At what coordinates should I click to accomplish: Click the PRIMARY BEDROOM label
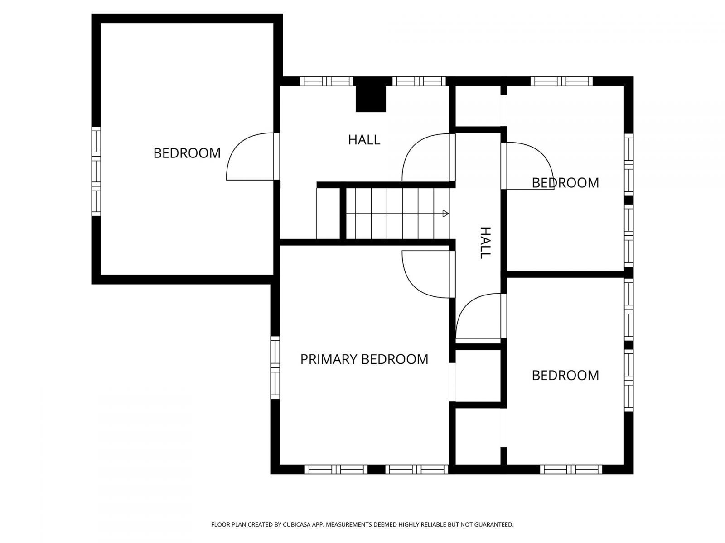coord(364,359)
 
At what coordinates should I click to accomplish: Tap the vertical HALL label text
coord(485,243)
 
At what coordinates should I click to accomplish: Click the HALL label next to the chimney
coord(364,140)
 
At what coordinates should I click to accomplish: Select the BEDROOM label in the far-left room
coord(187,153)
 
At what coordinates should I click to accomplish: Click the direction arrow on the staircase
coord(445,214)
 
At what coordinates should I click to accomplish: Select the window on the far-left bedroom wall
coord(96,171)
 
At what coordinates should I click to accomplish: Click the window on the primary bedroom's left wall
coord(275,367)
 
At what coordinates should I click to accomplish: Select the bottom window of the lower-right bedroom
coord(571,469)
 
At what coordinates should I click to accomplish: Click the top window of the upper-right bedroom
coord(561,81)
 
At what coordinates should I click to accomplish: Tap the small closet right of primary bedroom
coord(478,376)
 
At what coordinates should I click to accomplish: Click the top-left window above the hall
coord(326,81)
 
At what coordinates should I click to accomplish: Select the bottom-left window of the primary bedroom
coord(336,469)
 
